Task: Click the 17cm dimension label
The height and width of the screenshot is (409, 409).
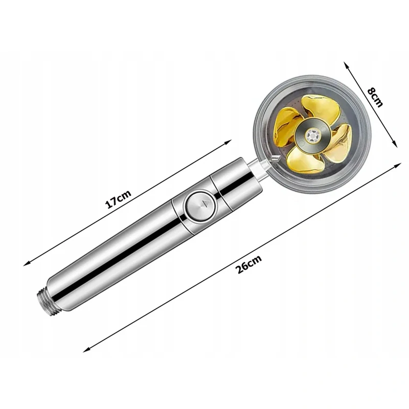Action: pos(118,199)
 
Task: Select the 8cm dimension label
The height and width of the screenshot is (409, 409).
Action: pos(375,98)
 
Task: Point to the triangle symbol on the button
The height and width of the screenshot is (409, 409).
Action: pos(207,202)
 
